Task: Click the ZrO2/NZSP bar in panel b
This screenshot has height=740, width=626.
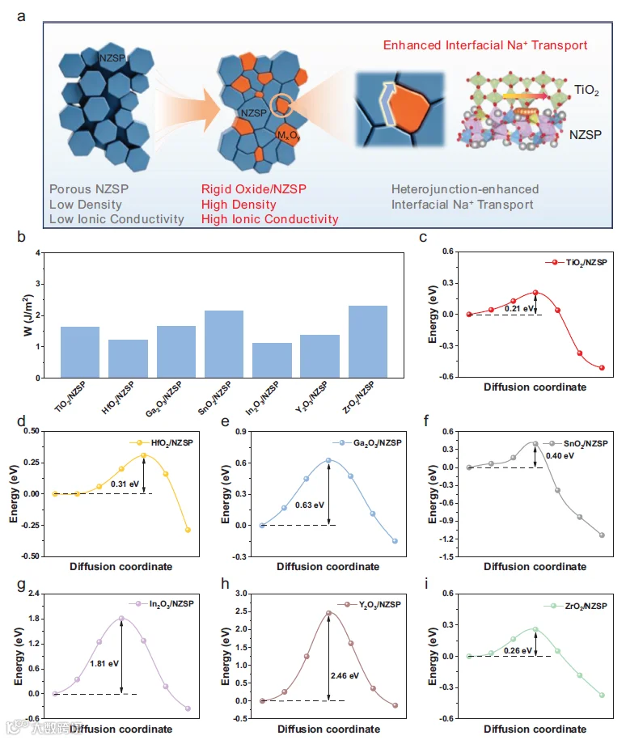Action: coord(368,341)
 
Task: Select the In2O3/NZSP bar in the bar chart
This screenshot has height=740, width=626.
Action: coord(272,360)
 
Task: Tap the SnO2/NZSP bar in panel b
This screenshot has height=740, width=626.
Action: coord(224,344)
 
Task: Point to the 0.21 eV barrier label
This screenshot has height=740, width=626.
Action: coord(519,309)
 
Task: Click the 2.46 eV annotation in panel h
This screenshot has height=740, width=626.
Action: coord(345,676)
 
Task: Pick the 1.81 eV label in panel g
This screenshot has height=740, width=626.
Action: coord(104,663)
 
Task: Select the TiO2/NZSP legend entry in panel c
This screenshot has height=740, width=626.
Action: coord(576,262)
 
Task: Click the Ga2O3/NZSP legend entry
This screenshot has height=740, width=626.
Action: coord(367,443)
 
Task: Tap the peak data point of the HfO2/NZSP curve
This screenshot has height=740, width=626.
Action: coord(143,455)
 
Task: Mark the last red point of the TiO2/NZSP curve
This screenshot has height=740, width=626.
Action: coord(602,368)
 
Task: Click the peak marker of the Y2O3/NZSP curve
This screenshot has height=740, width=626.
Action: coord(328,613)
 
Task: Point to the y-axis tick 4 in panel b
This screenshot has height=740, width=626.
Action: coord(38,253)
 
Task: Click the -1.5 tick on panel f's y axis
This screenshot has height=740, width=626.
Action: coord(447,557)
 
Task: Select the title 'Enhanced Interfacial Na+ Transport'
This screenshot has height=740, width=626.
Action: coord(485,45)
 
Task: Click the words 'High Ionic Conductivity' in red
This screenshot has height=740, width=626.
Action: coord(270,219)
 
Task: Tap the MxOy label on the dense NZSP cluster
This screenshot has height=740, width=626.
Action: coord(289,136)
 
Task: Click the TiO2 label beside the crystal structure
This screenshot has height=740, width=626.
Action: coord(586,90)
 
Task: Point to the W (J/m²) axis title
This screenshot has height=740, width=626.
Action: coord(28,315)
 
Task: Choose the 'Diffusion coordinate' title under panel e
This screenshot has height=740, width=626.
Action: coord(328,566)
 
